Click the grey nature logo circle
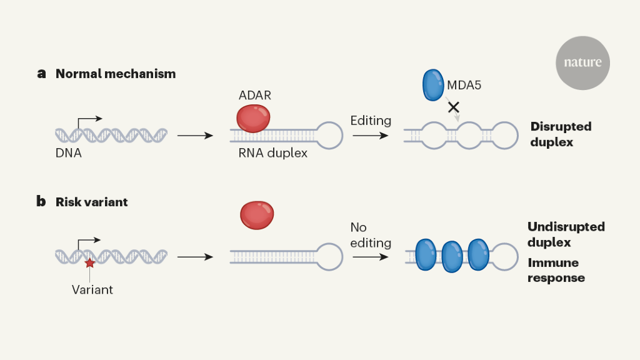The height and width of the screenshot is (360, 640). (x=582, y=62)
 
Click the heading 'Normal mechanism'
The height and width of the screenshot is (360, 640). (x=116, y=74)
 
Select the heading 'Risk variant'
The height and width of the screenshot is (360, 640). (x=92, y=202)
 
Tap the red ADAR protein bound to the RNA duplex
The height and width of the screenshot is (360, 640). (x=253, y=117)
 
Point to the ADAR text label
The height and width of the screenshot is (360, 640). (x=255, y=96)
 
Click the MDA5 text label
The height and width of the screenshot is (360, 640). (x=464, y=84)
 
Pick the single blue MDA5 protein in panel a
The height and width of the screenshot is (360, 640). (x=433, y=85)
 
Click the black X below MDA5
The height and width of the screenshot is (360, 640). (x=454, y=107)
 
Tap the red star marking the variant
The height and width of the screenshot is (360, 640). (x=90, y=262)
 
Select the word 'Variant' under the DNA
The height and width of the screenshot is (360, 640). (x=92, y=289)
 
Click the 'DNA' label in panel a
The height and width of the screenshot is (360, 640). (x=68, y=152)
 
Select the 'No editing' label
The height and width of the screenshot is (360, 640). (x=371, y=235)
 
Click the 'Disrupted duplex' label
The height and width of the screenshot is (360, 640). (x=560, y=134)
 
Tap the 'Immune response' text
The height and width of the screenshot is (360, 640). (x=556, y=270)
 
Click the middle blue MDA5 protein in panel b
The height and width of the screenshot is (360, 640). (x=451, y=256)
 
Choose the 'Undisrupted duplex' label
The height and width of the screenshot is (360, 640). (x=566, y=234)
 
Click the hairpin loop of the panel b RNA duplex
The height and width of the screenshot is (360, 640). (x=331, y=256)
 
